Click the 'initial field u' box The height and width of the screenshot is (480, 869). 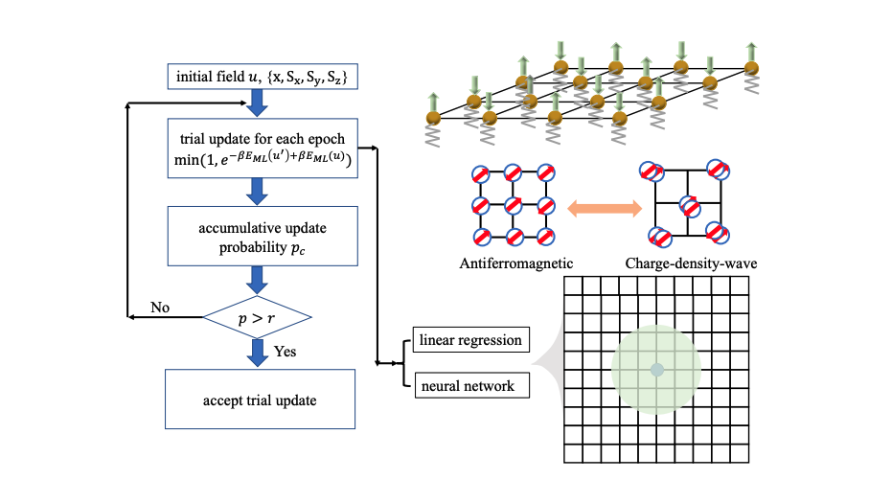[263, 77]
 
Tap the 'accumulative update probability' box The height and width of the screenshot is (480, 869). [263, 235]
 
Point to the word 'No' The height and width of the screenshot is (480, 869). [162, 309]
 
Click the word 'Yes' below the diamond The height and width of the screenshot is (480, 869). [285, 352]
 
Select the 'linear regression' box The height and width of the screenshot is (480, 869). [469, 340]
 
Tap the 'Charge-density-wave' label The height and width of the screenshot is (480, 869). [691, 262]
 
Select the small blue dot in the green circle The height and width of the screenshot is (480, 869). [655, 369]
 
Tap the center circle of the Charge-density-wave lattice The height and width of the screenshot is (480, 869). [687, 205]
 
